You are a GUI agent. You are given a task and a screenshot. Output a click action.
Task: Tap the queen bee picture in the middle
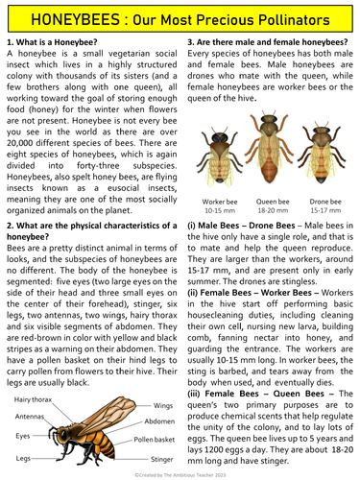point(270,154)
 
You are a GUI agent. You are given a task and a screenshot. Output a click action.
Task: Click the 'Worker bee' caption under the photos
point(222,202)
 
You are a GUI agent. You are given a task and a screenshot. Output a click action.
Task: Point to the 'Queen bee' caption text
point(270,202)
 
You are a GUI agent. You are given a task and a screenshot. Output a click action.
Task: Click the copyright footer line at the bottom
point(180,473)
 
